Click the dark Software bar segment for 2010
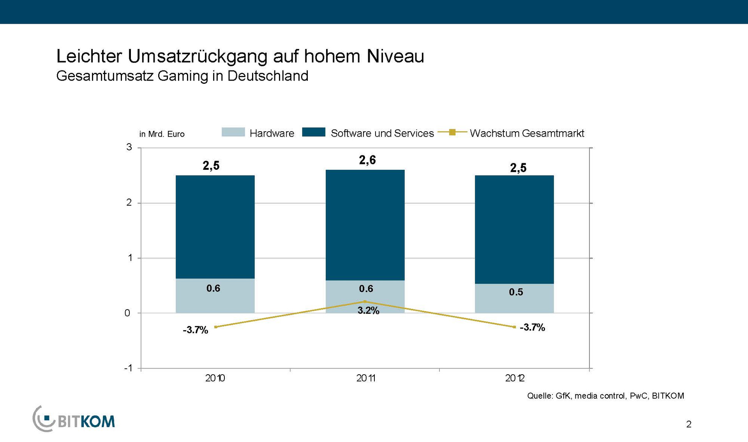point(215,227)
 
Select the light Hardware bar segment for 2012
point(514,298)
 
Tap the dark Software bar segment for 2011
point(365,225)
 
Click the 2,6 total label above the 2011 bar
point(367,160)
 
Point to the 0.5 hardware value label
point(516,292)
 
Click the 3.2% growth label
point(368,311)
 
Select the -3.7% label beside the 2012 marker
point(532,328)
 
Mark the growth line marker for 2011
point(365,301)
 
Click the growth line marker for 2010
point(216,327)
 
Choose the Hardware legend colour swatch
point(233,132)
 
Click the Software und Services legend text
point(382,133)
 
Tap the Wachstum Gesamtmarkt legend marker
point(452,132)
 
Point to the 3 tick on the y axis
point(129,147)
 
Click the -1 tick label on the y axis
point(128,368)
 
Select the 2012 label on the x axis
point(515,378)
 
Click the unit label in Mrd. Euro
point(162,134)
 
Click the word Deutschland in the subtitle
point(268,76)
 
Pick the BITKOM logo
point(74,419)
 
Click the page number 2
point(688,424)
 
